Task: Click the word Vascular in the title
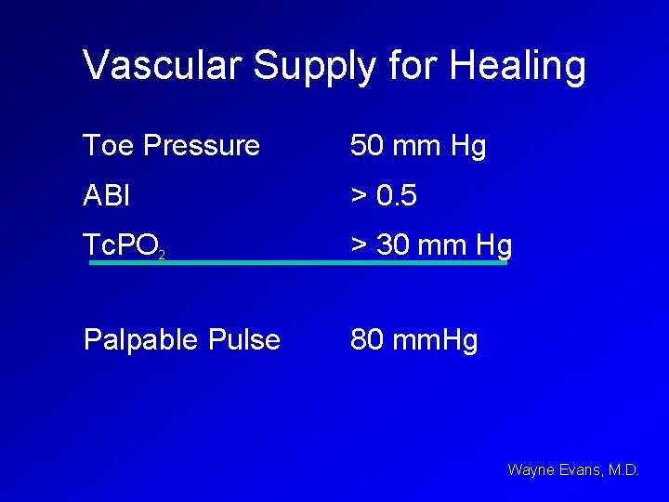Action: tap(163, 66)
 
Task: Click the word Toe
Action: tap(105, 146)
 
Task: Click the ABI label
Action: tap(107, 196)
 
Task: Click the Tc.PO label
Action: tap(118, 245)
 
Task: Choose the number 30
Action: tap(393, 245)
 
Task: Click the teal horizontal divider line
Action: tap(297, 263)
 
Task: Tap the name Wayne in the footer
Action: tap(529, 470)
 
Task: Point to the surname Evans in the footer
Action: tap(580, 470)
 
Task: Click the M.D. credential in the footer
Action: tap(623, 470)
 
